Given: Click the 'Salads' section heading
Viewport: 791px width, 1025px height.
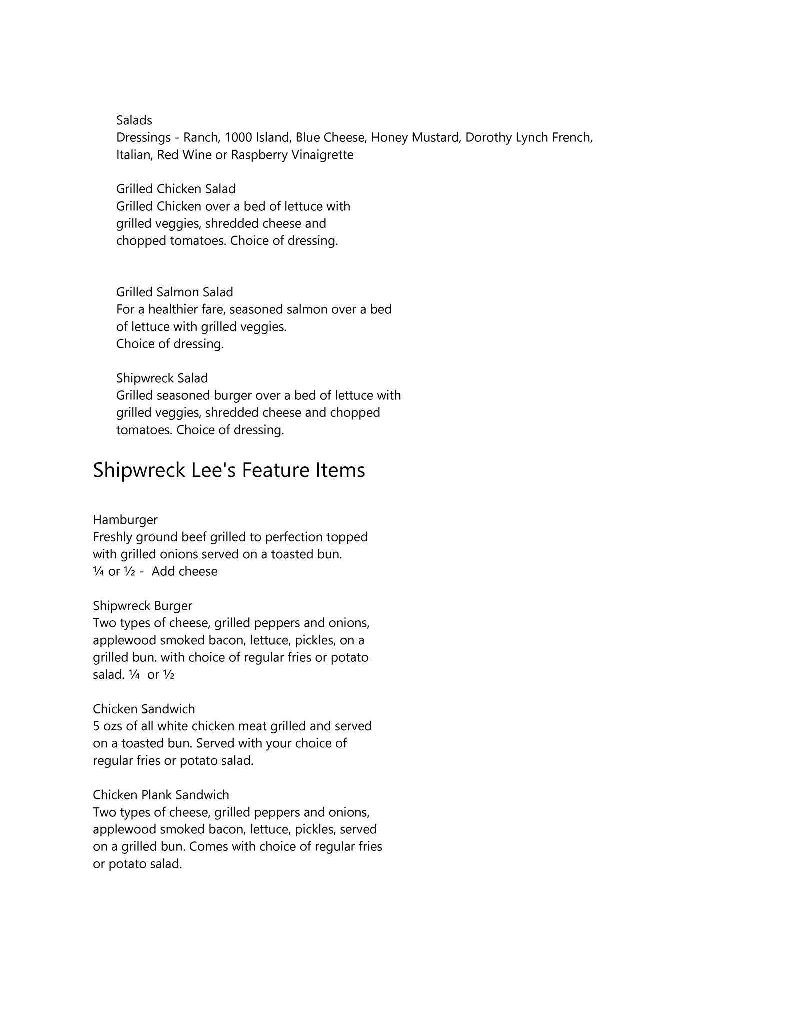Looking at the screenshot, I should [x=134, y=120].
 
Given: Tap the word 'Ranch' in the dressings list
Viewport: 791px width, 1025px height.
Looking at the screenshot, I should [x=201, y=137].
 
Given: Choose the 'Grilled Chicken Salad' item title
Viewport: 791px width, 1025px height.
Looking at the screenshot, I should [x=176, y=189].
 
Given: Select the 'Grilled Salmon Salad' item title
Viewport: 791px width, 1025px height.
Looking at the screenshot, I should [x=174, y=292].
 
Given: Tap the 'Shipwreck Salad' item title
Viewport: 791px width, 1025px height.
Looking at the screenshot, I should [x=162, y=378].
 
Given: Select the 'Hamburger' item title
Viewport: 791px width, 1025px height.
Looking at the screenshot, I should [x=125, y=520].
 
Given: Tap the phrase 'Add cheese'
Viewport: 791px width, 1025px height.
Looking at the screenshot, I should [x=184, y=571].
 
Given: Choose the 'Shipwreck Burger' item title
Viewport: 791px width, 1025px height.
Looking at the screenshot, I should [x=142, y=606].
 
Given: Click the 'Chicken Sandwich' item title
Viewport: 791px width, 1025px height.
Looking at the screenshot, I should [x=144, y=709].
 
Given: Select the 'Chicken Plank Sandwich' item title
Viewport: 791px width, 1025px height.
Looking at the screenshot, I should [x=161, y=795].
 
